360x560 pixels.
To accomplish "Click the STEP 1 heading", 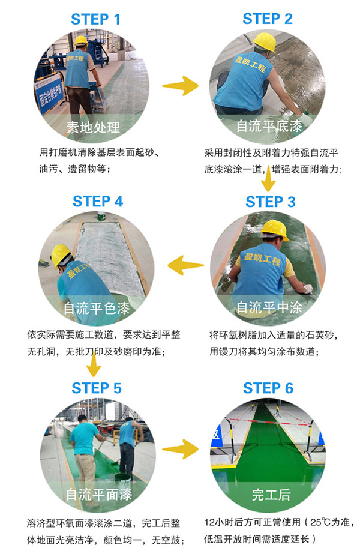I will coord(96,19).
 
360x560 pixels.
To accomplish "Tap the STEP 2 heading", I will coord(268,19).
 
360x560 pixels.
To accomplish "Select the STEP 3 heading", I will coord(271,202).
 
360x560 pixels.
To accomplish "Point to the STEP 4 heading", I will coord(98,202).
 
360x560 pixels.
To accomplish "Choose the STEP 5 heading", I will coord(97,388).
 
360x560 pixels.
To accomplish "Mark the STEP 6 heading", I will coord(268,388).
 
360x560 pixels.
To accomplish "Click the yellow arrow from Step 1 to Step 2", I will coord(181,86).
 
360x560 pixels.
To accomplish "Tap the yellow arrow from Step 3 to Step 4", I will coord(184,265).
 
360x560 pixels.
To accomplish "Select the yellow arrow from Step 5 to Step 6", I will coord(181,448).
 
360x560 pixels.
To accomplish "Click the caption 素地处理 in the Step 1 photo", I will coord(93,127).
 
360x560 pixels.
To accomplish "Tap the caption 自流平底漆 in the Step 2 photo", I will coord(268,127).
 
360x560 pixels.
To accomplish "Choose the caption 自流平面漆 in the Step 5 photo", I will coord(99,495).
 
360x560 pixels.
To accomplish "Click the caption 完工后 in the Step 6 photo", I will coord(271,495).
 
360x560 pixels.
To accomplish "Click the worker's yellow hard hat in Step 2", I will coord(264,43).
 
